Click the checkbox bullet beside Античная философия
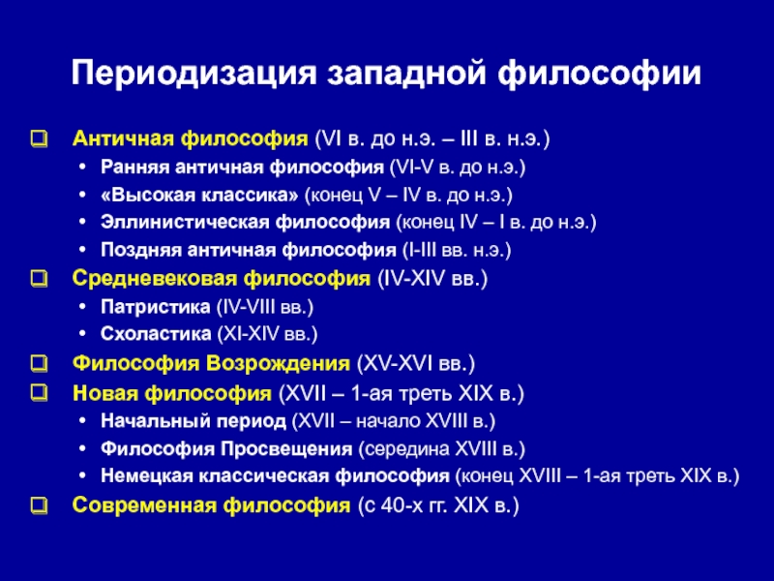click(x=40, y=138)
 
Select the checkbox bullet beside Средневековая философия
click(x=40, y=279)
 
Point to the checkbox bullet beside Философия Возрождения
click(x=40, y=364)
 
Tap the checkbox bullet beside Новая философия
click(x=40, y=393)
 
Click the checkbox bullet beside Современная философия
click(x=40, y=505)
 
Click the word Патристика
click(x=156, y=307)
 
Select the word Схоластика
click(x=156, y=334)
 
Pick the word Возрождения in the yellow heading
click(x=278, y=364)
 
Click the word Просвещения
click(x=286, y=449)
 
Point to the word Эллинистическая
click(x=185, y=222)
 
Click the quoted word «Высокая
click(x=145, y=195)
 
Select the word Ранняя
click(x=134, y=168)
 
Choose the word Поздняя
click(x=140, y=250)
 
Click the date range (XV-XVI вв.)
click(x=416, y=364)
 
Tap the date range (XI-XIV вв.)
click(x=267, y=334)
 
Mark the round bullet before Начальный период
click(x=82, y=421)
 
